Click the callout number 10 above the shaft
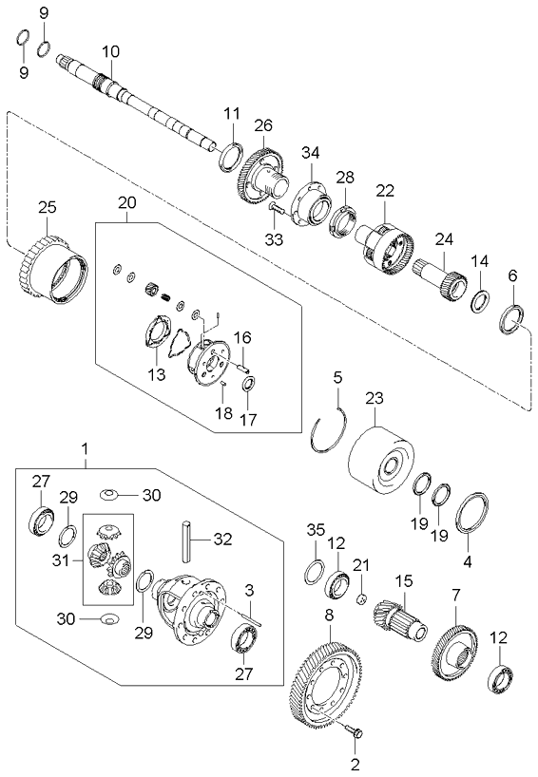click(x=111, y=50)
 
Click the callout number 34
click(x=311, y=153)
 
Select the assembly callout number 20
click(x=127, y=203)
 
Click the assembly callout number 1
click(x=86, y=446)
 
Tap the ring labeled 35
click(x=313, y=570)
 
